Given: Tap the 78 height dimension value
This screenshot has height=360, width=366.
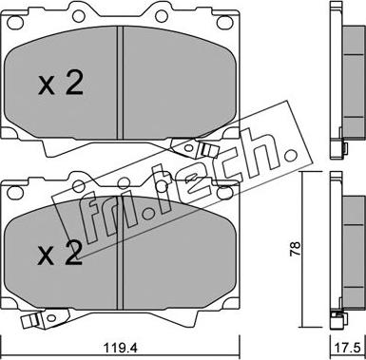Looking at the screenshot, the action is (x=295, y=249).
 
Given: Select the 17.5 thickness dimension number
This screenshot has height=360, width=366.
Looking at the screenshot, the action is (x=348, y=349).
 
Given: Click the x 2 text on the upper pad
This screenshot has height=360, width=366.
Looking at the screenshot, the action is (x=61, y=83).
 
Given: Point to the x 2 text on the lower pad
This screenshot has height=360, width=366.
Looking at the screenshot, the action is (x=60, y=254).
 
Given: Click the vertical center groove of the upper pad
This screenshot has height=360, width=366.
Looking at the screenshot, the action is (x=120, y=83).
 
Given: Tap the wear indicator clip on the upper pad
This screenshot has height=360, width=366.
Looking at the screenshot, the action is (x=195, y=148).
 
